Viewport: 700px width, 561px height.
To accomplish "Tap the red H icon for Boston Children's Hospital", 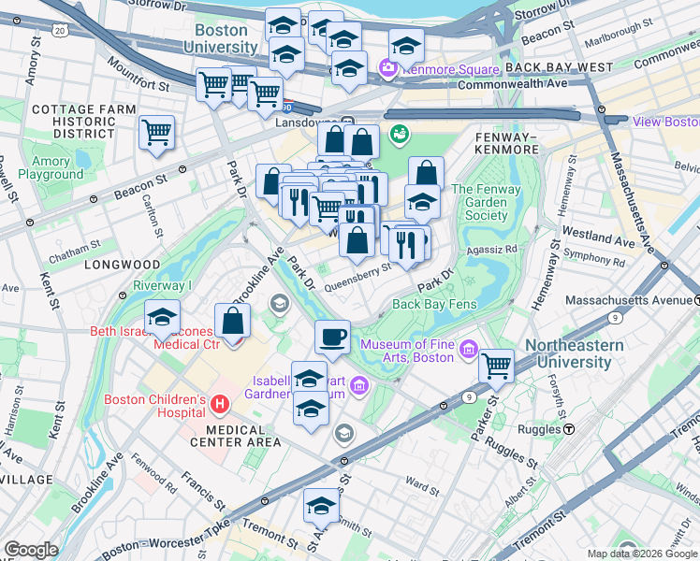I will [220, 404].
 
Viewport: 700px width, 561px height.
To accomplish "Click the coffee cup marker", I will [331, 338].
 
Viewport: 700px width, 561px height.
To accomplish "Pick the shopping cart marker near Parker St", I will [496, 366].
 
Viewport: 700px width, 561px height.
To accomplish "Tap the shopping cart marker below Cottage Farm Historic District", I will [156, 131].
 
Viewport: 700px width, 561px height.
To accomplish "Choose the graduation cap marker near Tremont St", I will [320, 506].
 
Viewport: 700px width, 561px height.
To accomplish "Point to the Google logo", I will [31, 549].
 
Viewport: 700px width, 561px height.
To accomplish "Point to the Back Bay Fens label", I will [435, 304].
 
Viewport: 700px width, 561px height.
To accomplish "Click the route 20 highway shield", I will [60, 31].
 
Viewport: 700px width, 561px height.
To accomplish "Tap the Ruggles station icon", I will [569, 428].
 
